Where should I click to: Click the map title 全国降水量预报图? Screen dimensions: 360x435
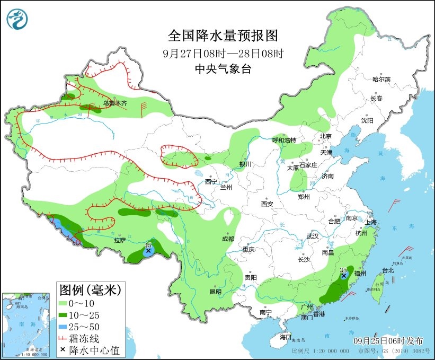point(223,36)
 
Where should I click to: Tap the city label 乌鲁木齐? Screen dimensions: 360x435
point(115,103)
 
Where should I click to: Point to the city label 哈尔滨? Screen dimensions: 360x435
point(381,79)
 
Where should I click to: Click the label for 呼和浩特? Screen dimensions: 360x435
point(284,140)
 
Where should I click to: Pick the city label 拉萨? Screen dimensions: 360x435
point(120,240)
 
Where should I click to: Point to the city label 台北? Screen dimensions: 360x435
point(388,270)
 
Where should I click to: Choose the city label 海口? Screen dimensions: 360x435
point(286,337)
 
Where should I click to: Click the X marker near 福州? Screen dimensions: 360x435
point(344,276)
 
